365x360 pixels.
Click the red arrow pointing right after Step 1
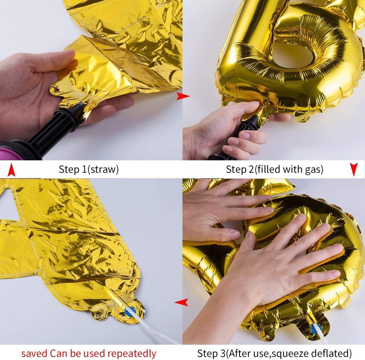click(x=183, y=96)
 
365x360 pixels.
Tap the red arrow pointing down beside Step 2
click(x=354, y=169)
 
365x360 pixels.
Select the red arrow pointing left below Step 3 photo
click(x=181, y=302)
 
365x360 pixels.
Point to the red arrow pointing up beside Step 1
click(x=11, y=169)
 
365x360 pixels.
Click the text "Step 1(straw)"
click(x=89, y=169)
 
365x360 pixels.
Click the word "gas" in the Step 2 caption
click(x=313, y=169)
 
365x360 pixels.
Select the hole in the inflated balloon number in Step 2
click(x=293, y=57)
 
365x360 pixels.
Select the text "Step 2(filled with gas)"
click(x=275, y=169)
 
